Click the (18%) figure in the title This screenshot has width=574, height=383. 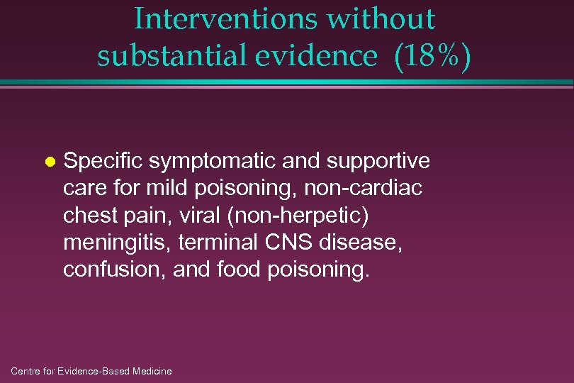(429, 56)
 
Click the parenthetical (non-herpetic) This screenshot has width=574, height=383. (296, 216)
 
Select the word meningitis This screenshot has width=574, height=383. (116, 243)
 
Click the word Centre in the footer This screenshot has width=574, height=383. (28, 371)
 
